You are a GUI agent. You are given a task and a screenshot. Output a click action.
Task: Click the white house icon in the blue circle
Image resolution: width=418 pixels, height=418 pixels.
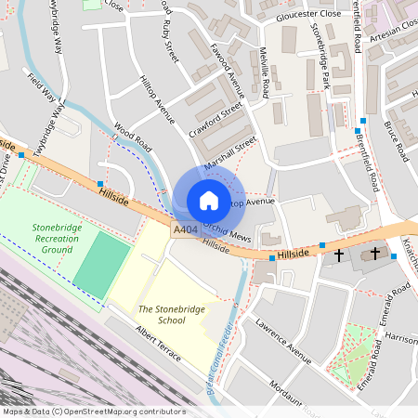(x=209, y=200)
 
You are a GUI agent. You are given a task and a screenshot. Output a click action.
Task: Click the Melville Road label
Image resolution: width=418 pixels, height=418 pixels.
(x=264, y=75)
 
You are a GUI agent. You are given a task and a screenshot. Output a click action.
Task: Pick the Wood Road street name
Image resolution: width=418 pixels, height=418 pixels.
(x=133, y=142)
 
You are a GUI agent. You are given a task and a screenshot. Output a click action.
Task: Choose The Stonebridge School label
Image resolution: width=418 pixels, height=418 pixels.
(x=162, y=314)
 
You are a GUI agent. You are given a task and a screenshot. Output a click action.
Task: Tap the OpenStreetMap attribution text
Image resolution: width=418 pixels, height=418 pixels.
(x=93, y=411)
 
